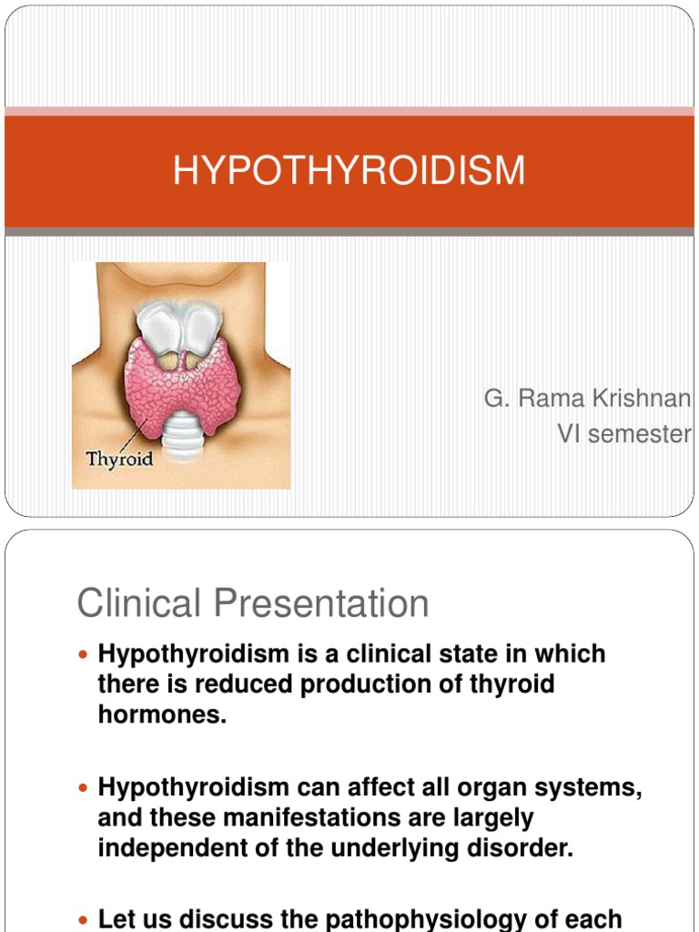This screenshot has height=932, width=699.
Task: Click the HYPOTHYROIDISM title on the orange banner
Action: pos(349,171)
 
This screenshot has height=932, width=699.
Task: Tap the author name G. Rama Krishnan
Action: pos(587,400)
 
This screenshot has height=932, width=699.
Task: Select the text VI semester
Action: pos(623,434)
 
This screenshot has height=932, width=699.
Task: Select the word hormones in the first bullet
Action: pos(161,714)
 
